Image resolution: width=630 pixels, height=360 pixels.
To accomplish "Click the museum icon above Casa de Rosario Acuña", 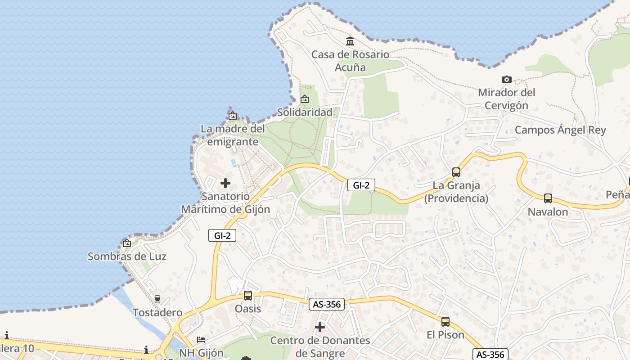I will (x=350, y=41).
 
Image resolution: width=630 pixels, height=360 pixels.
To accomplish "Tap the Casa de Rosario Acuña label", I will (x=350, y=61).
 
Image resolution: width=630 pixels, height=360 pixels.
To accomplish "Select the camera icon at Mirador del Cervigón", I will (x=506, y=80).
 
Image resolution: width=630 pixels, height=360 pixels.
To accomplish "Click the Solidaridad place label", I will (x=305, y=112).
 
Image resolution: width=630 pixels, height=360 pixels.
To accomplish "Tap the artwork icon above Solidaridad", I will (x=305, y=99).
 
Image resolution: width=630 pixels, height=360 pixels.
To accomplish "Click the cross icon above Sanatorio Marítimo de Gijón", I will (x=225, y=183).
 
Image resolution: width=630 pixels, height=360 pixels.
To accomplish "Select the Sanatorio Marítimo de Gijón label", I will (x=225, y=203).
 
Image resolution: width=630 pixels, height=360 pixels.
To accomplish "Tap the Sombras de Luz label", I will (x=127, y=256).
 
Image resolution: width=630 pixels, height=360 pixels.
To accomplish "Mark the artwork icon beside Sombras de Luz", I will (x=127, y=243).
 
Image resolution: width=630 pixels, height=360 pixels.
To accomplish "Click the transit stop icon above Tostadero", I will (x=157, y=299).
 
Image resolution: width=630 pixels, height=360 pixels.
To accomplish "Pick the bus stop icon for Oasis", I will (x=248, y=296).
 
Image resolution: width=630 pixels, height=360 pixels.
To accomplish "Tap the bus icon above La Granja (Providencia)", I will (x=456, y=172).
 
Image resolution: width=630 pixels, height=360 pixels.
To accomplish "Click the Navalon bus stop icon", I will (x=548, y=198).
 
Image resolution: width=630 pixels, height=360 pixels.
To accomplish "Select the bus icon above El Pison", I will (x=445, y=321).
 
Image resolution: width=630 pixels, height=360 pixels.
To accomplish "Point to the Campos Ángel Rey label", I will (x=560, y=130).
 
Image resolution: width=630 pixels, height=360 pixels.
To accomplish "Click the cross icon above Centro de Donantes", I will (x=320, y=327).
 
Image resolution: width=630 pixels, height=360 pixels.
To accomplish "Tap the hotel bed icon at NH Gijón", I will (x=201, y=340).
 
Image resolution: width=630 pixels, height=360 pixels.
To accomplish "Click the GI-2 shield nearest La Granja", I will (x=361, y=184).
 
